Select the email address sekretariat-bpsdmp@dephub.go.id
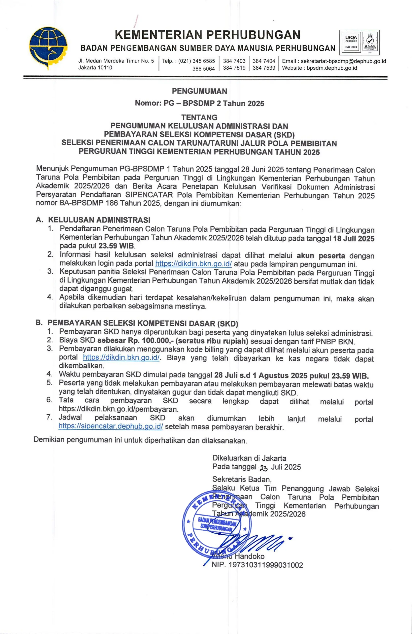(x=343, y=61)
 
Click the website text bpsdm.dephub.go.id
(x=332, y=68)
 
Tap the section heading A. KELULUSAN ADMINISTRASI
(x=93, y=220)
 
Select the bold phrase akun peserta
(x=321, y=256)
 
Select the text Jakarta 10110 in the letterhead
(x=95, y=68)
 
